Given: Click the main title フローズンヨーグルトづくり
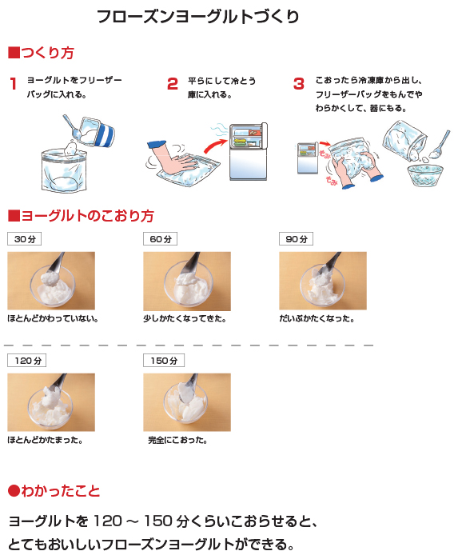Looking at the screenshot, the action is (198, 17).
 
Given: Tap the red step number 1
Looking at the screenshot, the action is (14, 84).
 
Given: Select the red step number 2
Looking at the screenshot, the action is (173, 84).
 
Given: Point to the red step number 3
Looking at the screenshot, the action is (299, 84).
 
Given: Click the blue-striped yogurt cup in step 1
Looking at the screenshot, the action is (97, 131).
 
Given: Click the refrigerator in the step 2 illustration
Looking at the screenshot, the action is (248, 151).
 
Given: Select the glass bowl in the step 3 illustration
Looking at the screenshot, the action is (425, 176).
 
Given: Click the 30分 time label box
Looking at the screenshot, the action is (25, 239).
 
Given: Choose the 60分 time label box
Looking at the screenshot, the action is (160, 239).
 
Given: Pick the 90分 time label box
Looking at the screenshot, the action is (296, 239).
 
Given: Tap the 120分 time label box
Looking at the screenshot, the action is (27, 361).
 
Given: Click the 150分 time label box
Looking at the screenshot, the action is (164, 361).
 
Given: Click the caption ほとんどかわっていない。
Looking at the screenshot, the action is (53, 318).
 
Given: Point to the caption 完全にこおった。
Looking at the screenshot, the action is (177, 441).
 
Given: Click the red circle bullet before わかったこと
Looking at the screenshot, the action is (14, 491).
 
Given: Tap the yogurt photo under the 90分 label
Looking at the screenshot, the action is (323, 281).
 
